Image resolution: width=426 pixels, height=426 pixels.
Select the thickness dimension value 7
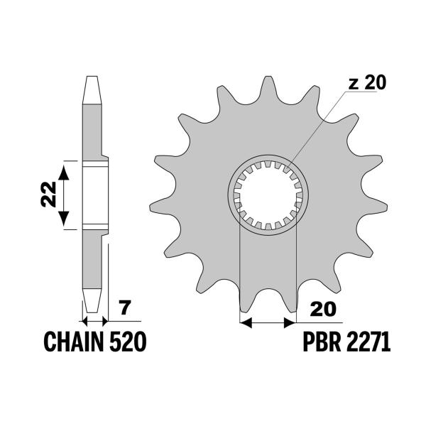125,309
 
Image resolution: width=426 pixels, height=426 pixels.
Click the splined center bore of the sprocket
268,193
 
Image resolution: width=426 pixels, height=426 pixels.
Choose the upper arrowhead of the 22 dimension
65,168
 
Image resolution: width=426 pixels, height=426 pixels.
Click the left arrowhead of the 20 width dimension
246,323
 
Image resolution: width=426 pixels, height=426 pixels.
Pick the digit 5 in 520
115,343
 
